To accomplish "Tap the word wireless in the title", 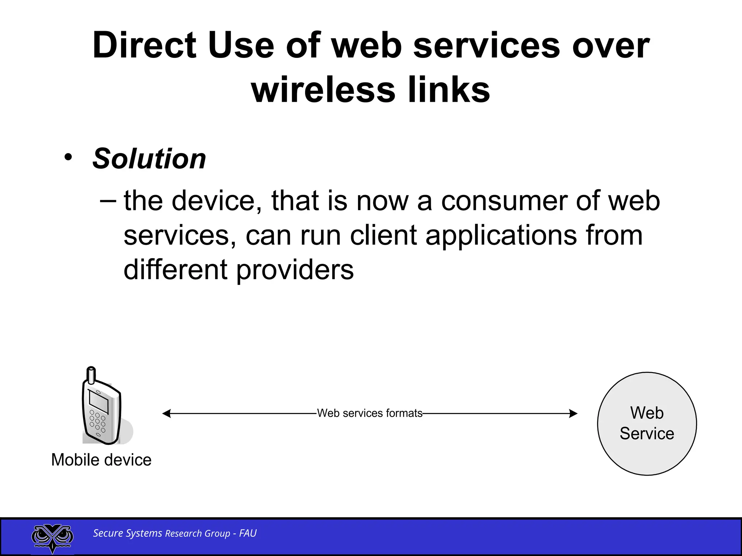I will tap(323, 90).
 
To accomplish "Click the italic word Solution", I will tap(149, 159).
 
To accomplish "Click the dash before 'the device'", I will tap(108, 201).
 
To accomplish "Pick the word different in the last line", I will tap(175, 270).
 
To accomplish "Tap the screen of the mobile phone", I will tap(99, 401).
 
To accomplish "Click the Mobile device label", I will tap(101, 460).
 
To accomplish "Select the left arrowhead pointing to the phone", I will tap(166, 413).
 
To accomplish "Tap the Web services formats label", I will tap(370, 413).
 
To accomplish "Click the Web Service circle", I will tap(647, 424).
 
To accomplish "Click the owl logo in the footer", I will tap(53, 537).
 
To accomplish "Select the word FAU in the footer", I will tap(248, 533).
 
